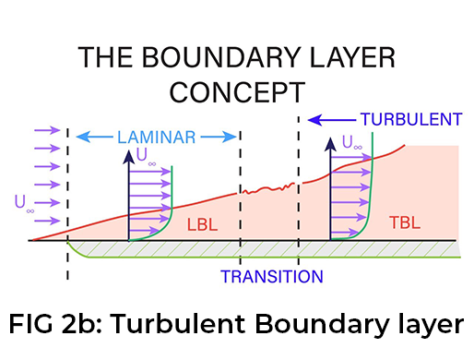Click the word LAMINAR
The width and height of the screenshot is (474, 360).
[156, 138]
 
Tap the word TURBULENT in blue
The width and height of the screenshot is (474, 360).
[410, 120]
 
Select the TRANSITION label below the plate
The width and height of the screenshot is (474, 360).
[272, 276]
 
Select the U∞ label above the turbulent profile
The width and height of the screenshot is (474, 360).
[352, 143]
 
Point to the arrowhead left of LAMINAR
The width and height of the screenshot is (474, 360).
[78, 138]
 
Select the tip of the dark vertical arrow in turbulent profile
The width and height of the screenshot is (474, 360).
[330, 140]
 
